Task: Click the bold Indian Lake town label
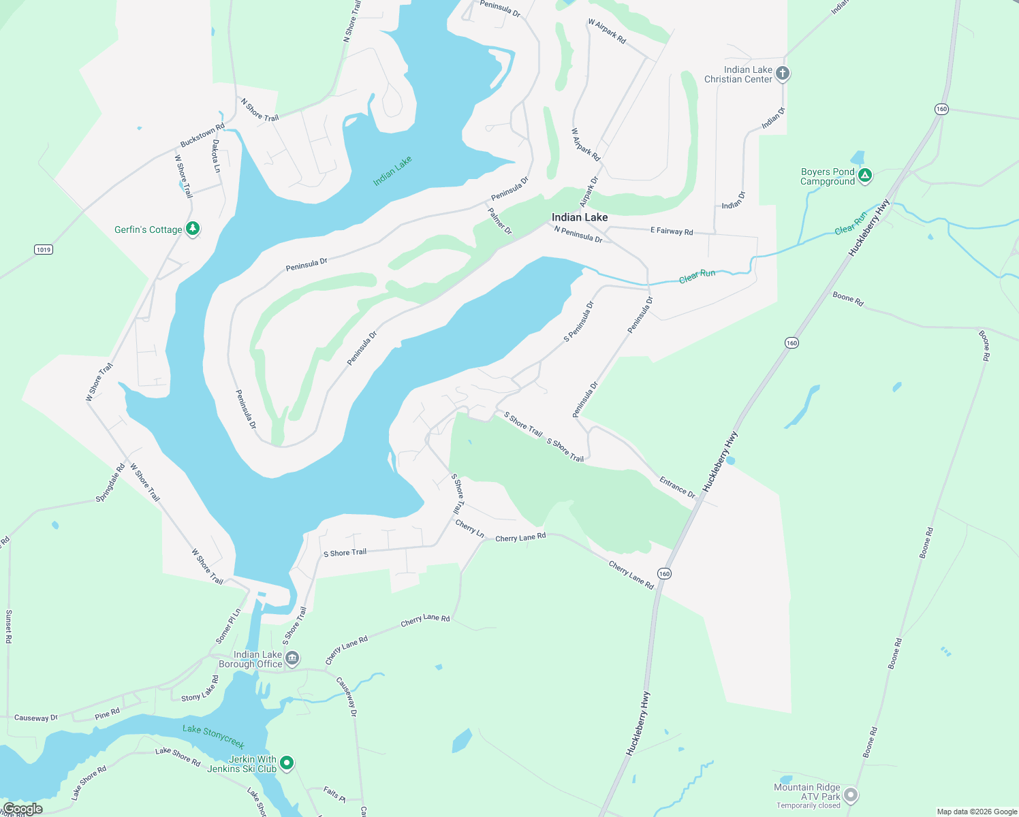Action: point(579,217)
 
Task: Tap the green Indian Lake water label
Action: point(392,171)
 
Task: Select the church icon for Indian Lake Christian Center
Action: point(783,74)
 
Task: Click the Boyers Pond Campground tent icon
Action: point(864,176)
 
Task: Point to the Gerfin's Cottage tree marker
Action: point(193,229)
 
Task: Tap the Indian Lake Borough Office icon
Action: point(292,658)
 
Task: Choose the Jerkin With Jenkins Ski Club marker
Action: point(287,763)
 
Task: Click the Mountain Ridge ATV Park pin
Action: point(850,795)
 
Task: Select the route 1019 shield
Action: point(44,250)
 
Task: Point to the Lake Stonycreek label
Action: point(213,736)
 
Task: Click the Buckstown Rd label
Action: point(202,135)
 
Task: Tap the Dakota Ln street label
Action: point(216,156)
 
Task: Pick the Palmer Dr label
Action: point(500,221)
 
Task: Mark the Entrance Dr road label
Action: point(677,487)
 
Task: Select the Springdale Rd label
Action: point(111,483)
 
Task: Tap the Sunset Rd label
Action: point(9,626)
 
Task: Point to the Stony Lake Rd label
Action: point(200,688)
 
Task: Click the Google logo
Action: point(22,809)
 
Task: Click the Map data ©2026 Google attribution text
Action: point(976,812)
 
